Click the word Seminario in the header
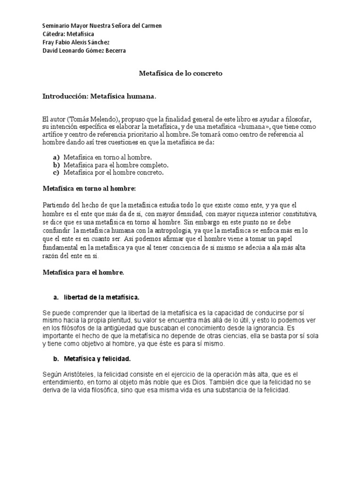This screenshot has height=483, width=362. (56, 26)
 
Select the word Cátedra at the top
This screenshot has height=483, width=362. (53, 34)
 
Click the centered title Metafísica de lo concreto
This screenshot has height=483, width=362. (181, 74)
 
